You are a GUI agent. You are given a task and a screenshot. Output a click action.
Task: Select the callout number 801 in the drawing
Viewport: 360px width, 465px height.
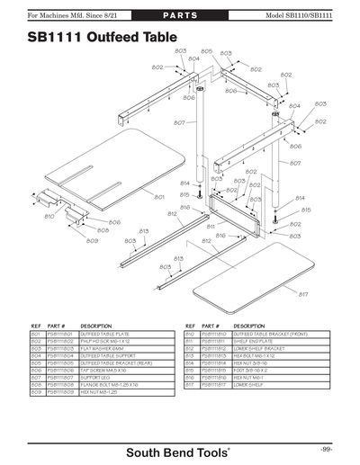pos(158,197)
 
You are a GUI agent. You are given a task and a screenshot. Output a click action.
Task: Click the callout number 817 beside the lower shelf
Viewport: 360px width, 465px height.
pos(303,295)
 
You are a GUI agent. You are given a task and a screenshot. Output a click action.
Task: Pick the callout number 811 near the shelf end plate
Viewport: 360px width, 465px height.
pos(210,227)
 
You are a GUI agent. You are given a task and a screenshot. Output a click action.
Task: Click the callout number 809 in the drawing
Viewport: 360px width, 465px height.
pos(92,241)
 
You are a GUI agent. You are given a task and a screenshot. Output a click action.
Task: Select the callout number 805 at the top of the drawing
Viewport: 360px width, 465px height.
pos(206,52)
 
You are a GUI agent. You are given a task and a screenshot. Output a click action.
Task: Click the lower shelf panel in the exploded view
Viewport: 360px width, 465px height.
pos(252,273)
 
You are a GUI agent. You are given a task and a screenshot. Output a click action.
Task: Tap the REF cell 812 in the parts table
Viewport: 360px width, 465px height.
pos(190,348)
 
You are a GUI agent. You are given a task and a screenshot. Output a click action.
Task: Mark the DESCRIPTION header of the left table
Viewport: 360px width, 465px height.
pos(96,325)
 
